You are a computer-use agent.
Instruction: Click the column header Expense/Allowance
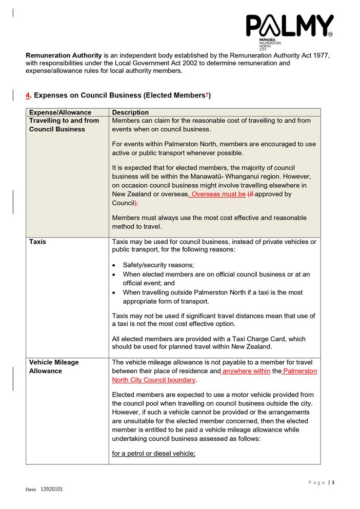(x=60, y=112)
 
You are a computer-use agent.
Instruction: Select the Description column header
(x=130, y=112)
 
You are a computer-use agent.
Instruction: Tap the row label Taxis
(x=37, y=242)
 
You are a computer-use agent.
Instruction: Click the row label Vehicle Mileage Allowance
(x=54, y=366)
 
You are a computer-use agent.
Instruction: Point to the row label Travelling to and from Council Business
(x=64, y=125)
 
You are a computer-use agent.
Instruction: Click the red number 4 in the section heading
(x=28, y=95)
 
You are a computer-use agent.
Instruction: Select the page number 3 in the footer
(x=333, y=482)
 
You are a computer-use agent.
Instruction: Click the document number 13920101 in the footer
(x=52, y=490)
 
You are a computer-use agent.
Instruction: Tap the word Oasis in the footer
(x=31, y=490)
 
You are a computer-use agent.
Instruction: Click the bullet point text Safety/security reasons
(x=158, y=265)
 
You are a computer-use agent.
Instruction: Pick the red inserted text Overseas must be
(x=218, y=194)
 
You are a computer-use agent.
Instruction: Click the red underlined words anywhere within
(x=246, y=371)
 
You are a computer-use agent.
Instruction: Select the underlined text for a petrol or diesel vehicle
(x=154, y=454)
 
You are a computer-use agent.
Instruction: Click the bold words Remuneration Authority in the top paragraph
(x=64, y=55)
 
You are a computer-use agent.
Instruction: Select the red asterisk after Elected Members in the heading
(x=207, y=95)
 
